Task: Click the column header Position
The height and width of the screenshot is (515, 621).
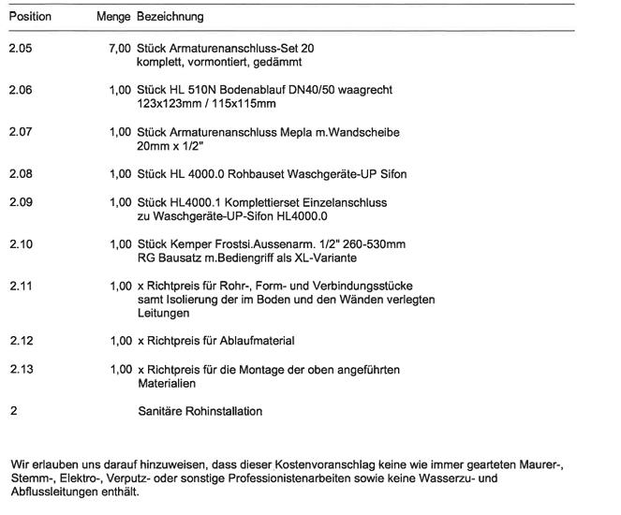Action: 30,17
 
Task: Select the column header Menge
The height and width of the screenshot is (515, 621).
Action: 114,17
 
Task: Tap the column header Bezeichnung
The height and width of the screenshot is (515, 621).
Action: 170,17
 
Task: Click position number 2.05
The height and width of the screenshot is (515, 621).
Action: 21,47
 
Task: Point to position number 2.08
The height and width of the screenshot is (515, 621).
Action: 21,174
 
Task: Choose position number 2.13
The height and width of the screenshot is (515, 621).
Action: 21,370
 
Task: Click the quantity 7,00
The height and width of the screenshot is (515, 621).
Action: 120,47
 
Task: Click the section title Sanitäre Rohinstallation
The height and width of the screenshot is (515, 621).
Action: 200,411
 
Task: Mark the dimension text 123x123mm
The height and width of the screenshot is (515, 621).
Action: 169,103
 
